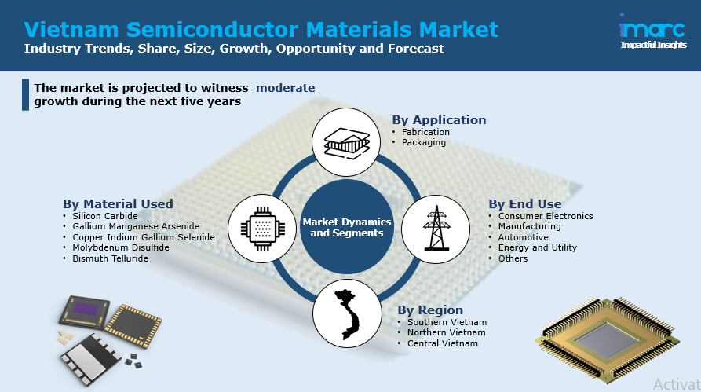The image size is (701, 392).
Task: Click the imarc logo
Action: point(653,34)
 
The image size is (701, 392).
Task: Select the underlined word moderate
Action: point(285,88)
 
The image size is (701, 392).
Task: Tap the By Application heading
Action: point(439,120)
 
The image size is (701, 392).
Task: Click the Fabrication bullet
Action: point(425,132)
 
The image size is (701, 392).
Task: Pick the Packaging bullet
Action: point(423,142)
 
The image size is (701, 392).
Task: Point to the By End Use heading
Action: point(525,204)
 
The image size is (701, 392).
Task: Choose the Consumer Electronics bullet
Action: point(546,216)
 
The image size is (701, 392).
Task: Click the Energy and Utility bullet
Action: point(537,247)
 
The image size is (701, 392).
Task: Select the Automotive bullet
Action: point(523,237)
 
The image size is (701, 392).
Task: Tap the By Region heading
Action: point(430,310)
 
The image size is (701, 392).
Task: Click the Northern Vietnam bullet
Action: point(447,333)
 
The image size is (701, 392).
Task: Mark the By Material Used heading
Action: point(118,204)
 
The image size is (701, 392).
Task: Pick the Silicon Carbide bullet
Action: point(104,216)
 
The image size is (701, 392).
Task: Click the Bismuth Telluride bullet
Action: point(110,258)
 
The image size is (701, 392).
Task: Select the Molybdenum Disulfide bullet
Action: point(120,247)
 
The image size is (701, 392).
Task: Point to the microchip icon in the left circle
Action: point(261,228)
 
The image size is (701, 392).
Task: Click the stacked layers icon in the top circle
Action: point(346,142)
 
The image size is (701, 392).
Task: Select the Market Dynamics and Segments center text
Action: point(346,228)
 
